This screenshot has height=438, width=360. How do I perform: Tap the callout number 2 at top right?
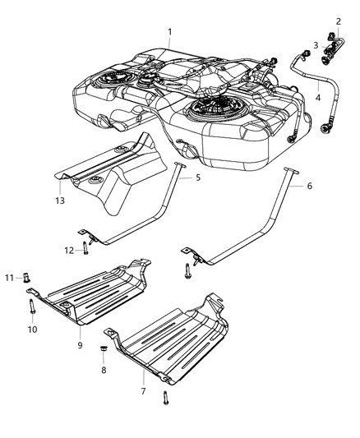pos(337,21)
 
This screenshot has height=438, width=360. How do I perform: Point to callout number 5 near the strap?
pos(197,176)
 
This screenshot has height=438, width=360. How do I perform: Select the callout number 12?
pos(70,250)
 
